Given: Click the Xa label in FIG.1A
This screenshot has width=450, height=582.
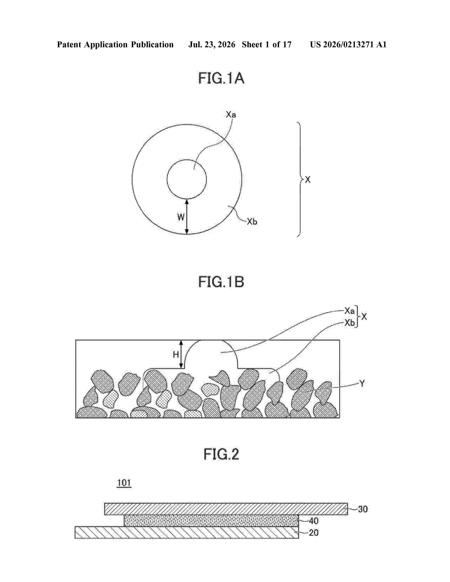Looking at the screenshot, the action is pyautogui.click(x=231, y=115).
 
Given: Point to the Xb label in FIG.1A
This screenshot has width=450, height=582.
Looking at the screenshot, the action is pyautogui.click(x=252, y=222).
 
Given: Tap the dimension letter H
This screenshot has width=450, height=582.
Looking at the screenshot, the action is pyautogui.click(x=176, y=354).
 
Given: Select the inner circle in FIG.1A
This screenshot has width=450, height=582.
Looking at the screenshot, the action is pyautogui.click(x=187, y=160).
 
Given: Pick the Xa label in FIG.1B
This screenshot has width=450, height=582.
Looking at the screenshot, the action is pyautogui.click(x=349, y=310).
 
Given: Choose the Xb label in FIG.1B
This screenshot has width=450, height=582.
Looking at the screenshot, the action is pyautogui.click(x=349, y=323).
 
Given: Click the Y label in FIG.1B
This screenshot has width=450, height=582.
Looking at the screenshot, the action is pyautogui.click(x=362, y=383).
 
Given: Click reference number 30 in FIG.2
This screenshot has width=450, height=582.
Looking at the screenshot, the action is pyautogui.click(x=363, y=509).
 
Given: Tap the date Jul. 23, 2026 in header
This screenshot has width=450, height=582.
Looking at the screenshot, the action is pyautogui.click(x=212, y=44).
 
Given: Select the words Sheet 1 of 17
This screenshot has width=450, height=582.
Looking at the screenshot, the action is pyautogui.click(x=267, y=44).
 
